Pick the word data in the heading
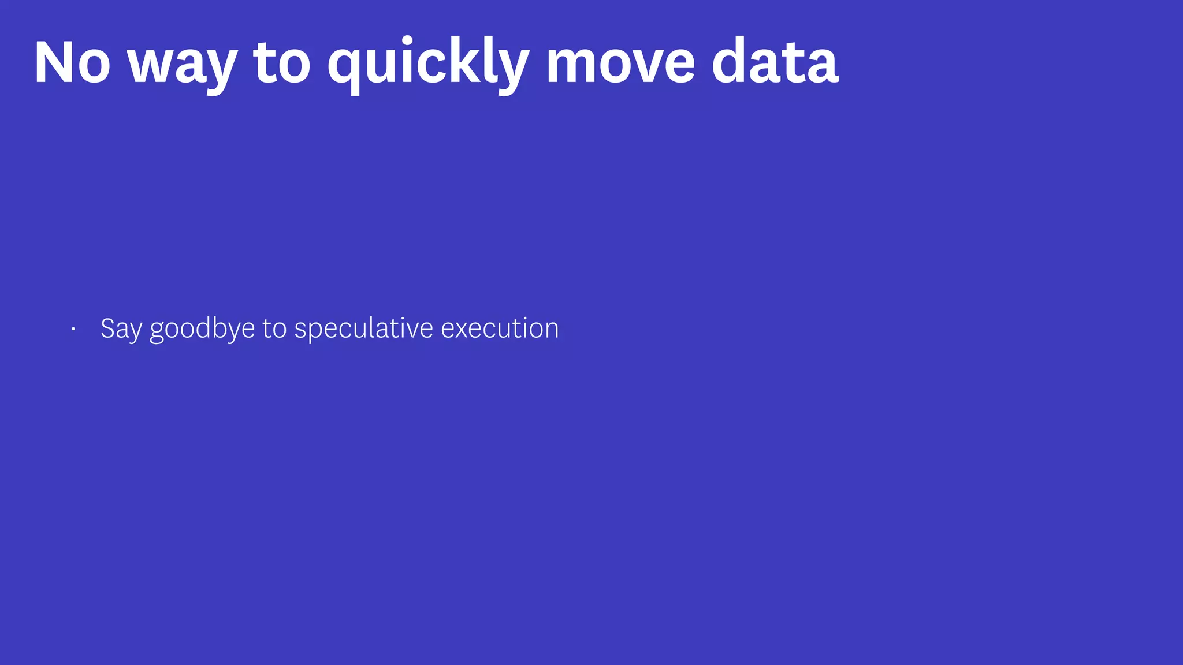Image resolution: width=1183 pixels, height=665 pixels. coord(775,62)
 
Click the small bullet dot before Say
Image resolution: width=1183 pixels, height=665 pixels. coord(73,329)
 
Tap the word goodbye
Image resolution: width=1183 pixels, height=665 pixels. coord(202,329)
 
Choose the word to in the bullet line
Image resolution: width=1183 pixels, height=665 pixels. coord(274,328)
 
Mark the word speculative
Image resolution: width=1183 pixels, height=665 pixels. coord(364,329)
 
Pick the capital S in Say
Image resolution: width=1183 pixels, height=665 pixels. coord(108,328)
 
